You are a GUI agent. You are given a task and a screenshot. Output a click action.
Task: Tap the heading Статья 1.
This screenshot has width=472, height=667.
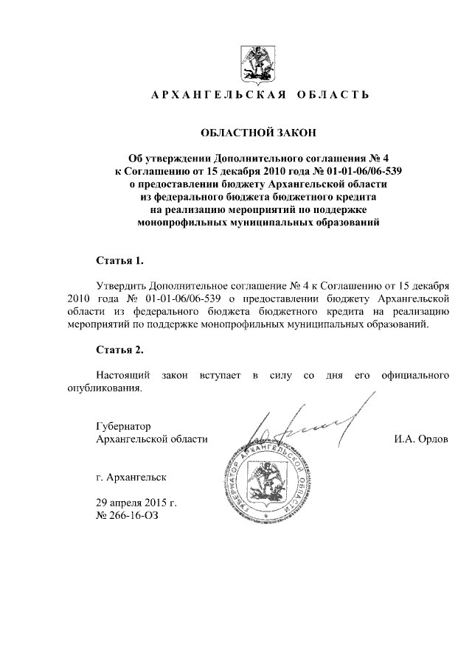click(x=120, y=261)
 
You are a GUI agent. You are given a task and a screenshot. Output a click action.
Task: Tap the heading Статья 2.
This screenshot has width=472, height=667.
click(x=120, y=349)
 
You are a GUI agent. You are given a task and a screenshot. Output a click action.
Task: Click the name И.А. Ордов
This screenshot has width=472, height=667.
click(x=422, y=439)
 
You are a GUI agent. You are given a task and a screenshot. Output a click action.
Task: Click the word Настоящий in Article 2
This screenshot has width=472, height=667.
click(x=122, y=376)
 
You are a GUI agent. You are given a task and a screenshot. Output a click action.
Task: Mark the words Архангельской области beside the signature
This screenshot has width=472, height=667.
click(x=152, y=439)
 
